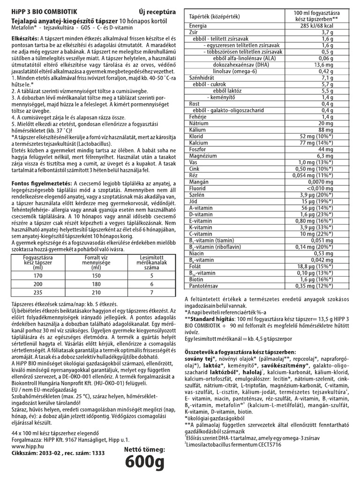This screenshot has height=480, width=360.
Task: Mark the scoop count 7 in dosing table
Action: point(151,292)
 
